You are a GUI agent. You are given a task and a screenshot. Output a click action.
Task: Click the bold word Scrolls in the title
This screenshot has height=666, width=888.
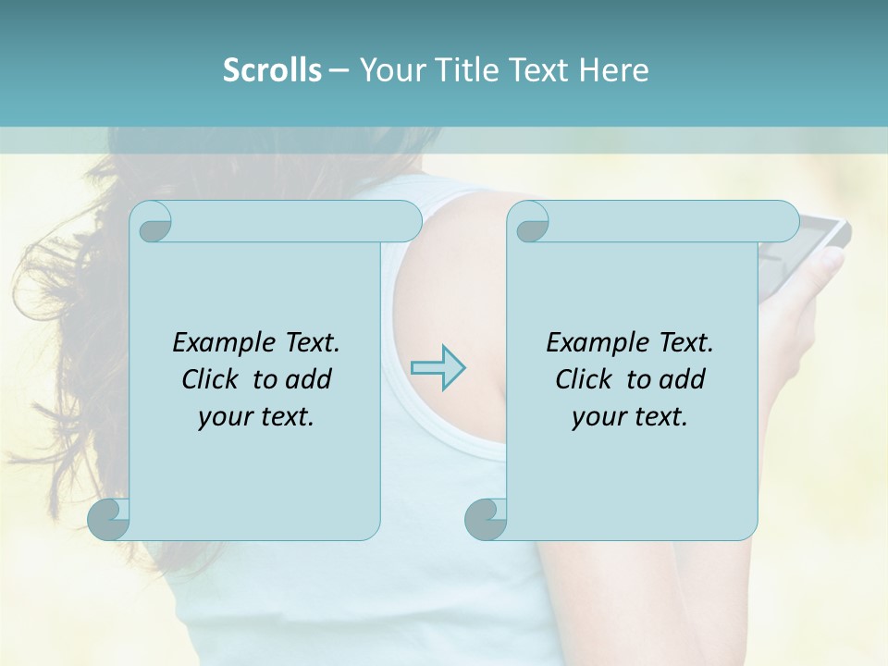click(x=272, y=70)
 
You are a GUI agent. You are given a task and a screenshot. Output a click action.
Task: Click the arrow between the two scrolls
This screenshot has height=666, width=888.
click(x=438, y=367)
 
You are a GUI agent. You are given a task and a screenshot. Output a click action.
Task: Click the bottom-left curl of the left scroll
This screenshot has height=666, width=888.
click(x=108, y=519)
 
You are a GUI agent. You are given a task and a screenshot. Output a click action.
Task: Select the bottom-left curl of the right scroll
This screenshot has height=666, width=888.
click(x=485, y=519)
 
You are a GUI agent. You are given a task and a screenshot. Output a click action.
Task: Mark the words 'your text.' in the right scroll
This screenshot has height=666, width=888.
click(x=630, y=416)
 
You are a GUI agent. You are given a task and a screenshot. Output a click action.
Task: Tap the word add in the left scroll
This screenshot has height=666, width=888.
click(x=310, y=379)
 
